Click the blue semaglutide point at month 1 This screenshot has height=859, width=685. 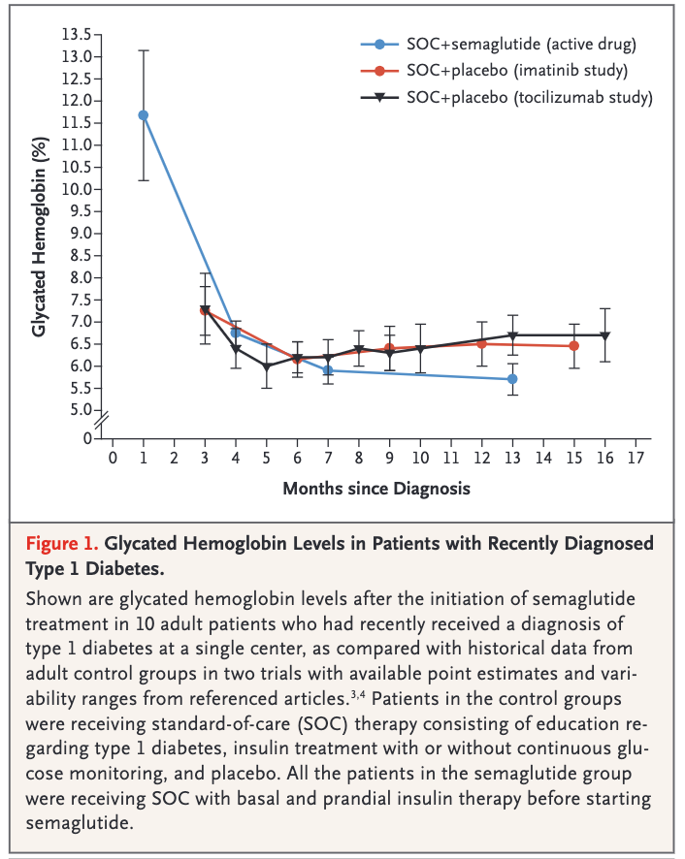click(x=144, y=115)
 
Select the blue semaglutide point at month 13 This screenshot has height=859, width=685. click(x=512, y=378)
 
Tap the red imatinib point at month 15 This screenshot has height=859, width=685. click(x=573, y=345)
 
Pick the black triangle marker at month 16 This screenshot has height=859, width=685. click(x=604, y=335)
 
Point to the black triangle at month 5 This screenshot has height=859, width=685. click(x=267, y=366)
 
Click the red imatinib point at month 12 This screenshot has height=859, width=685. click(x=481, y=343)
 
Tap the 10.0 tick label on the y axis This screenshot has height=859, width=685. click(x=76, y=189)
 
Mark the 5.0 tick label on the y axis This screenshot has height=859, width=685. click(x=80, y=410)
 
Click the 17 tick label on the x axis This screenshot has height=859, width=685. click(x=636, y=458)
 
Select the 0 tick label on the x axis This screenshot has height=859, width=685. click(x=113, y=458)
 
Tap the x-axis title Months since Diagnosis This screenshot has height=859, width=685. click(x=376, y=488)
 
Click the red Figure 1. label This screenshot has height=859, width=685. click(x=66, y=542)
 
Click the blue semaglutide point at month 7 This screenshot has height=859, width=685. click(x=328, y=370)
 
